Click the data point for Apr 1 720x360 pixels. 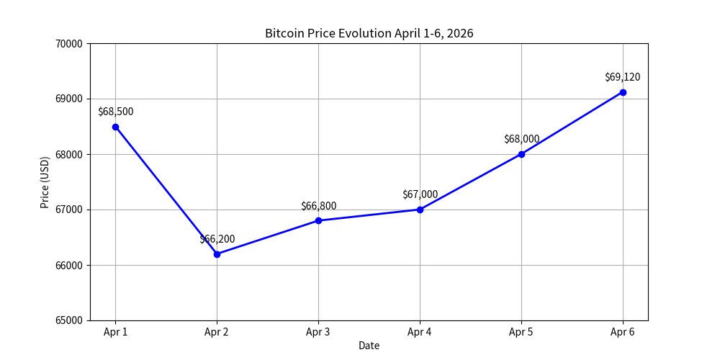pos(115,127)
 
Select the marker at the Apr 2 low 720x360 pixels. pos(217,254)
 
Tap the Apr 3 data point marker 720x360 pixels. pos(318,220)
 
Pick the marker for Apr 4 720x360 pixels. pos(420,210)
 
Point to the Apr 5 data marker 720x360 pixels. pos(521,154)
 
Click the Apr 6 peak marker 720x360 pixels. pos(623,92)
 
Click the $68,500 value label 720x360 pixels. pos(115,112)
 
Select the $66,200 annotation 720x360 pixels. pos(217,239)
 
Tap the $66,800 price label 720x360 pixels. pos(318,206)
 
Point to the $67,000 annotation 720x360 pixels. pos(420,194)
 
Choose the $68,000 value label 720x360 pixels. pos(521,139)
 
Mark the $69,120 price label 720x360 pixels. pos(623,77)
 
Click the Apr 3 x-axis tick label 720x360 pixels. pos(318,332)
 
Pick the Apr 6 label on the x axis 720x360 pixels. pos(623,332)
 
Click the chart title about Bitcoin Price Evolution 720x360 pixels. pos(369,33)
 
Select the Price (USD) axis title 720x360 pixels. pos(45,182)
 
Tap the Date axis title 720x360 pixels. pos(369,346)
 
